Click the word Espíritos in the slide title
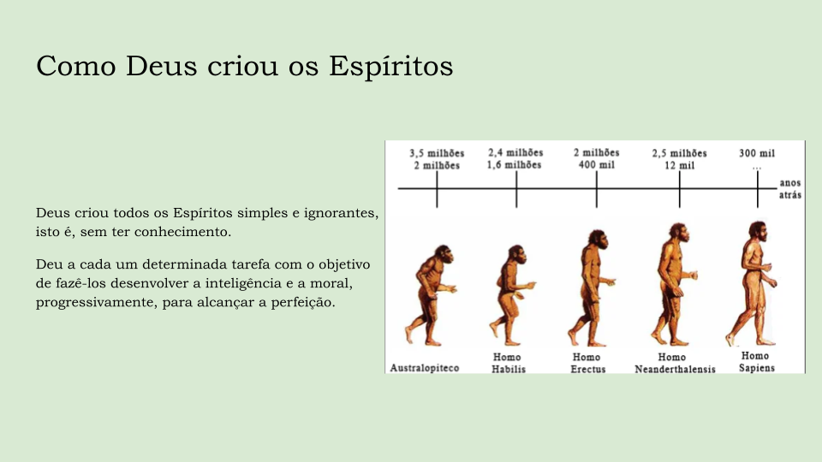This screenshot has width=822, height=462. pyautogui.click(x=391, y=67)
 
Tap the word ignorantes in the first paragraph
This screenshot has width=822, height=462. pyautogui.click(x=342, y=213)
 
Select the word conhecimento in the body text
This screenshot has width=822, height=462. pyautogui.click(x=182, y=232)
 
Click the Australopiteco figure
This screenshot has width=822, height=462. pyautogui.click(x=430, y=295)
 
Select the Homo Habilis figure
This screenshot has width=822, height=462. pyautogui.click(x=512, y=295)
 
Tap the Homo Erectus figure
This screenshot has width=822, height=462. pyautogui.click(x=592, y=288)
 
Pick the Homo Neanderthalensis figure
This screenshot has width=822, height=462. pyautogui.click(x=675, y=284)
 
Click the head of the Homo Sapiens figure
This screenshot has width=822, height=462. pyautogui.click(x=758, y=230)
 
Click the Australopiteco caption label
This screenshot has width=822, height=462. pyautogui.click(x=425, y=368)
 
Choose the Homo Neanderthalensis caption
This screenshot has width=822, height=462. pyautogui.click(x=675, y=363)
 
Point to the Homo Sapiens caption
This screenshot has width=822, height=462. pyautogui.click(x=756, y=362)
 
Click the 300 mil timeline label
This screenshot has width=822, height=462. pyautogui.click(x=757, y=153)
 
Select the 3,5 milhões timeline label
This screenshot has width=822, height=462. pyautogui.click(x=437, y=153)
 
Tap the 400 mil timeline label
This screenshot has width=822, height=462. pyautogui.click(x=597, y=165)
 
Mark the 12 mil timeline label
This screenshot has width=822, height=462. pyautogui.click(x=679, y=165)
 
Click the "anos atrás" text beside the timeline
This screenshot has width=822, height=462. pyautogui.click(x=790, y=188)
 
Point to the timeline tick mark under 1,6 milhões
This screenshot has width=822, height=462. pyautogui.click(x=516, y=189)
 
